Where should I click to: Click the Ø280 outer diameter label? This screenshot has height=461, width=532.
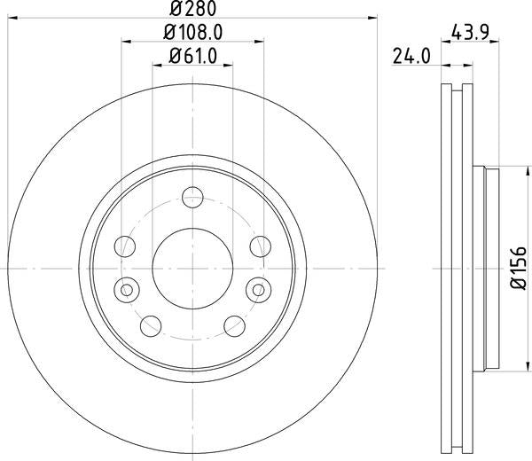[192, 9]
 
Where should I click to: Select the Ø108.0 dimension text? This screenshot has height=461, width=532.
[192, 35]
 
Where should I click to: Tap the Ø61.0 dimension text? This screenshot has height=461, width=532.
[192, 59]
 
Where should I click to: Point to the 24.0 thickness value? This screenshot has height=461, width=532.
[412, 58]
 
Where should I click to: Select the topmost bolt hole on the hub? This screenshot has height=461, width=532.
[192, 198]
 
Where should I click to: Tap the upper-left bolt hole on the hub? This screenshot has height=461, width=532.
[126, 246]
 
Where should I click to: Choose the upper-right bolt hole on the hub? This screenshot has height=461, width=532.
[259, 246]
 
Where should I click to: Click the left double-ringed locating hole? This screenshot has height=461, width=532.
[126, 288]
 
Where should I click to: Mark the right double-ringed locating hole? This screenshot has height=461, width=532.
[259, 288]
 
